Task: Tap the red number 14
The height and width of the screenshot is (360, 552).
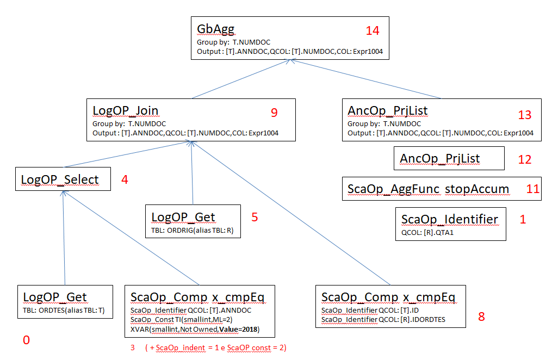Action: pos(373,30)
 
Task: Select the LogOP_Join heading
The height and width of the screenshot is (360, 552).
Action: pos(126,111)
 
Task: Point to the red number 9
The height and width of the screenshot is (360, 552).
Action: pos(274,113)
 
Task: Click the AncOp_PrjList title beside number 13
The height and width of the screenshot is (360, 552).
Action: pos(388,111)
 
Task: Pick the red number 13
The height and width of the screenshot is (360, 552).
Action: pos(525,115)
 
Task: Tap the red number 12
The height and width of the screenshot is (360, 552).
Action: pos(525,160)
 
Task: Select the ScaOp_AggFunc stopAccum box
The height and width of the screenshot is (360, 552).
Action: pos(428,189)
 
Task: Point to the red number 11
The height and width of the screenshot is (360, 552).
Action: pos(532,189)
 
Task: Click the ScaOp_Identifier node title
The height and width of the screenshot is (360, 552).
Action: pos(450,219)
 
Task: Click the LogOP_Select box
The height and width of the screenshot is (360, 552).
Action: pos(60,179)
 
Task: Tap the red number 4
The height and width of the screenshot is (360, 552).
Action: pos(125,179)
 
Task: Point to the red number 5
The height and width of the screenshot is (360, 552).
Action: pos(255,218)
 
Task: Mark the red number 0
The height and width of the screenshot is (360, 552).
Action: pos(26,340)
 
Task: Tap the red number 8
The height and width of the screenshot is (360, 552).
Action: pos(481,316)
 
